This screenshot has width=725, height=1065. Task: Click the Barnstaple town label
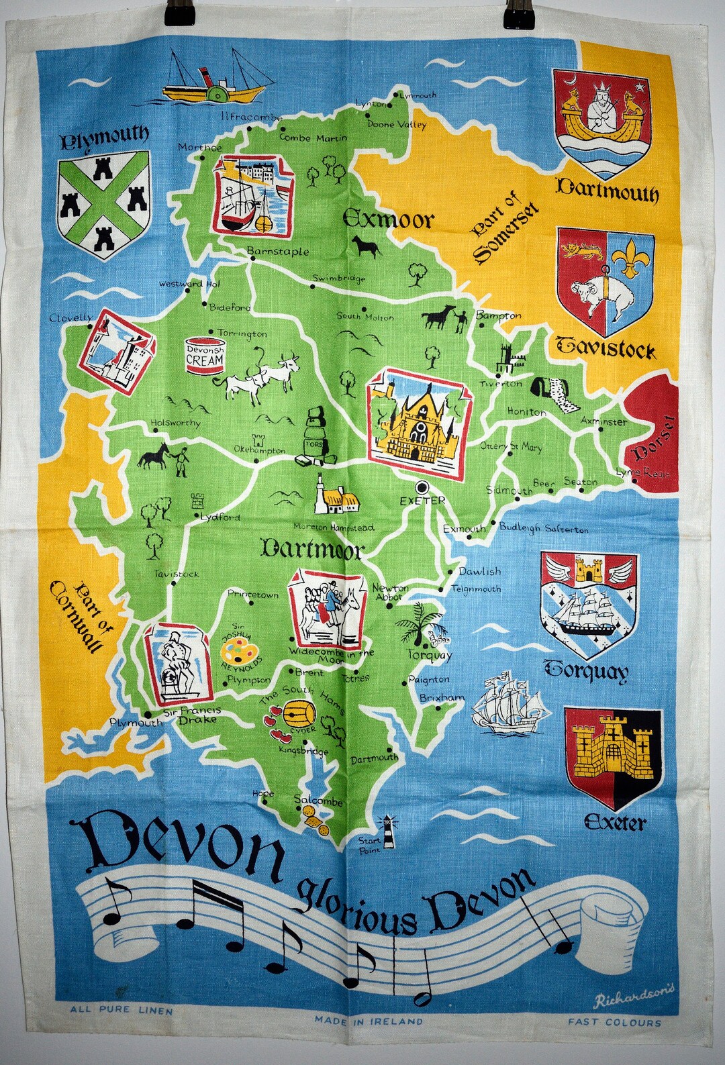(278, 252)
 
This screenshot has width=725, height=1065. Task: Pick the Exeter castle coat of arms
(603, 758)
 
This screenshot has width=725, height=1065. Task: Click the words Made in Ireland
(369, 1021)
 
